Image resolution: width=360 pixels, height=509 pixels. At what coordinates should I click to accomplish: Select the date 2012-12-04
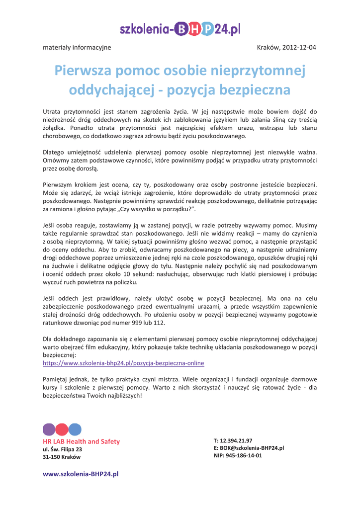299,48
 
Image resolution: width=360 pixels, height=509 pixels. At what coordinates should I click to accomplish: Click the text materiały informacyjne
78,48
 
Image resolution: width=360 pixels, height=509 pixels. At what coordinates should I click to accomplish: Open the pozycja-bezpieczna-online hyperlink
123,363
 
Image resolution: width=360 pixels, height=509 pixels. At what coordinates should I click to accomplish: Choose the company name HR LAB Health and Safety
82,441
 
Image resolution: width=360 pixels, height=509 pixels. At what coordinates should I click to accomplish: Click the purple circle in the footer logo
50,430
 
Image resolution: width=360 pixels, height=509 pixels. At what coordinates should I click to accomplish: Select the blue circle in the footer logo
75,430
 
